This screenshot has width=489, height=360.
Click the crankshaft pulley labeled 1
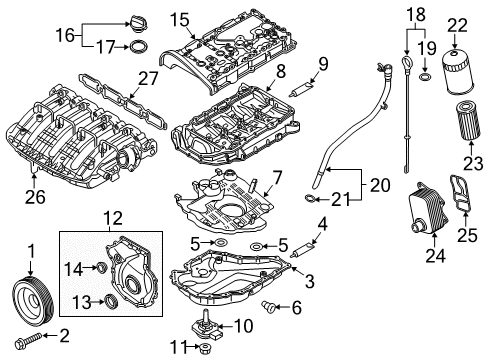point(33,299)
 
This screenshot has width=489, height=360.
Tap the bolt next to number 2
point(28,339)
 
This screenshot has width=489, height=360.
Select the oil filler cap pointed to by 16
point(137,23)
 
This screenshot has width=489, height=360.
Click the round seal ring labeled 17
point(138,47)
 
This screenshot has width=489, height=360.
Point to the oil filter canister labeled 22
point(457,71)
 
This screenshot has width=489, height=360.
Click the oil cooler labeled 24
point(428,208)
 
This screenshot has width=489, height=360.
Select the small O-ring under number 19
point(425,77)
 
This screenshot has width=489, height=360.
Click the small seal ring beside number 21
point(310,199)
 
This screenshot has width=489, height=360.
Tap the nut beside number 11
point(205,349)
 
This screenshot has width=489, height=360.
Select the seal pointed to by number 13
point(111,301)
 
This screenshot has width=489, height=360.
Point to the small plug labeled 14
point(100,267)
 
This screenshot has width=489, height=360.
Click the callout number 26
point(35,197)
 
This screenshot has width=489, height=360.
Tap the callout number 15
point(180,20)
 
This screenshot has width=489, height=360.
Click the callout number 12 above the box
point(113,219)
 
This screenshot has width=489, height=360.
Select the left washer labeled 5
point(220,242)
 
